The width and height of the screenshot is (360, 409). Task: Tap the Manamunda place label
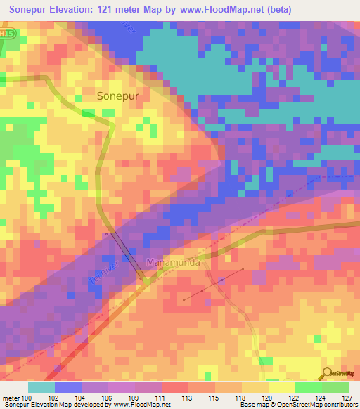tap(174, 263)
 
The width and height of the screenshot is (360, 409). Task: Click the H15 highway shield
tap(6, 33)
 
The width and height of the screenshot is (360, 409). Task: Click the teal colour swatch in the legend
tap(41, 387)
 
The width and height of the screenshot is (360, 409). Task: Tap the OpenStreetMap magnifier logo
tap(328, 374)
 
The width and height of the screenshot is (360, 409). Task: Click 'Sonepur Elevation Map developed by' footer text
tap(56, 405)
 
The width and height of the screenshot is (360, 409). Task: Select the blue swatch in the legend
tap(68, 387)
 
